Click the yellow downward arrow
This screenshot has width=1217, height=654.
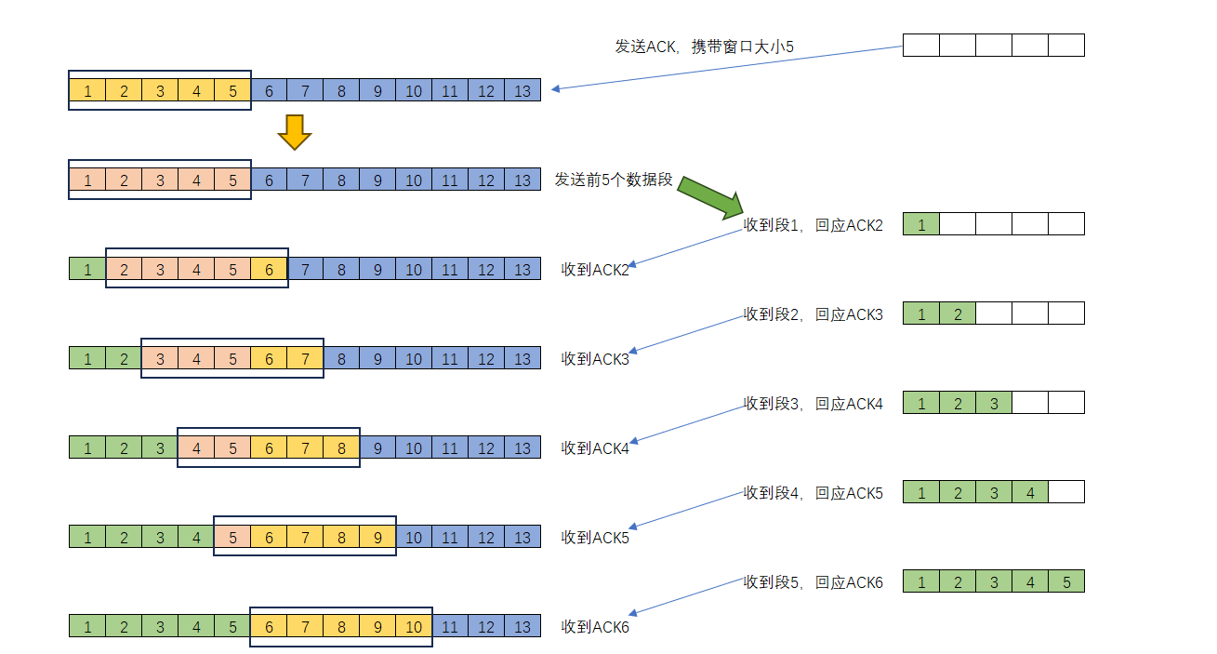click(x=294, y=132)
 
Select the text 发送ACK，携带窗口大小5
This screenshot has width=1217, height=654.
click(x=704, y=46)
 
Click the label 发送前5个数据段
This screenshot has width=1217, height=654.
click(x=613, y=180)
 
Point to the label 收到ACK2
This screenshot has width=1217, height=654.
click(x=595, y=270)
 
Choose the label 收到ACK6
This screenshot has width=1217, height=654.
click(x=595, y=627)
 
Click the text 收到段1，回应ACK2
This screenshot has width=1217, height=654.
click(x=814, y=225)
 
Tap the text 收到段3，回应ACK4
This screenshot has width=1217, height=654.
click(x=814, y=404)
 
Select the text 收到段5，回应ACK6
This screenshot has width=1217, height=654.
click(x=814, y=582)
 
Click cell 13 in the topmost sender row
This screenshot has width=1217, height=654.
click(x=523, y=90)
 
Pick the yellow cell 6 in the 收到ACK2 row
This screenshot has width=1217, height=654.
click(x=269, y=269)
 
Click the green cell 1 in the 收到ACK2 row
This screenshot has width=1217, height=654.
click(x=87, y=269)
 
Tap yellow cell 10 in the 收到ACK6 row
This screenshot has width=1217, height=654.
click(x=414, y=626)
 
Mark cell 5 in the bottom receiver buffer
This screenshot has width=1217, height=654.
click(x=1066, y=581)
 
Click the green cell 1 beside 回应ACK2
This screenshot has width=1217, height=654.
click(x=921, y=223)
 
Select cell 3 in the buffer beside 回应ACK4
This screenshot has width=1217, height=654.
click(x=994, y=403)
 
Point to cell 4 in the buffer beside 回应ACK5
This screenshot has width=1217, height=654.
click(x=1030, y=492)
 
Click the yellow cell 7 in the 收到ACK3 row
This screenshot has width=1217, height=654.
click(x=305, y=358)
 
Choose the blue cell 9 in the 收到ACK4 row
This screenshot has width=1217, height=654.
click(x=377, y=447)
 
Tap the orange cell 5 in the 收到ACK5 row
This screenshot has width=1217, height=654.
click(x=232, y=537)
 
